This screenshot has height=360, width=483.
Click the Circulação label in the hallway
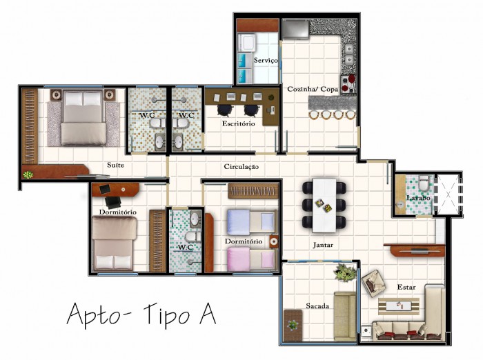[x=241, y=167]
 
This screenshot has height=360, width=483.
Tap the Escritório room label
[x=239, y=124]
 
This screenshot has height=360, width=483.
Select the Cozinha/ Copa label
[x=313, y=89]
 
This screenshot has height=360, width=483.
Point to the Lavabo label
[x=418, y=198]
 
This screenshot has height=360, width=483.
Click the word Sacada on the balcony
[x=317, y=306]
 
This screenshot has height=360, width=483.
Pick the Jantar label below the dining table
[x=323, y=245]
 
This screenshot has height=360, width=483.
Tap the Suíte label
[x=115, y=165]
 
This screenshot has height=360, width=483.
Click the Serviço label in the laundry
[x=266, y=61]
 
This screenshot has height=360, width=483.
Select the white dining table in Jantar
[x=324, y=206]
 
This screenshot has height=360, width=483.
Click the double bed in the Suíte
[x=83, y=118]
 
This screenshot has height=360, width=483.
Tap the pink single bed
[x=252, y=259]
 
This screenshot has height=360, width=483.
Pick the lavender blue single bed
[x=252, y=222]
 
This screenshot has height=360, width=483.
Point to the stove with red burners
[x=348, y=83]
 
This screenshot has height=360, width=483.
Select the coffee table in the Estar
[x=399, y=306]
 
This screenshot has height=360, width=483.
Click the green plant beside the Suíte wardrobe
[x=28, y=175]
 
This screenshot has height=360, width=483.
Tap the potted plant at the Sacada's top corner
[x=346, y=272]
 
